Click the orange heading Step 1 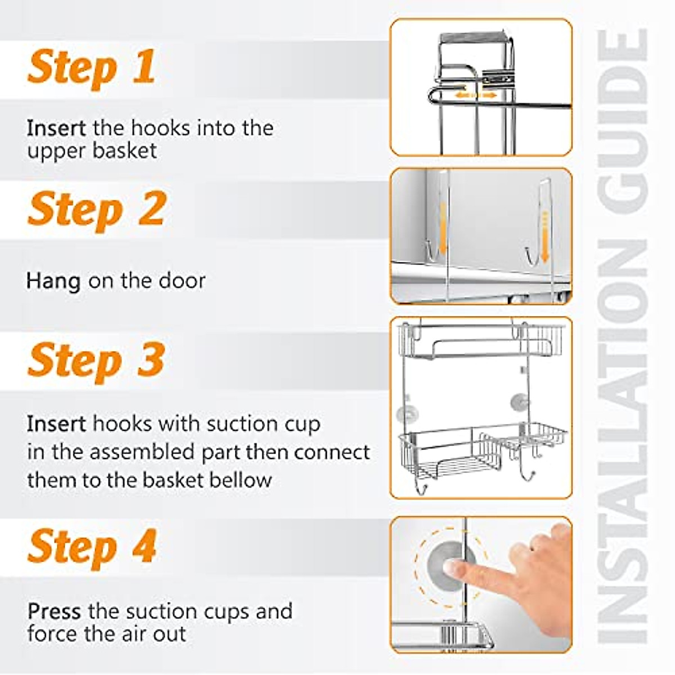pos(91,68)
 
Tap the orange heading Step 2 pos(96,211)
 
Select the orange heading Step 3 pos(96,362)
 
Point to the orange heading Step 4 pos(92,548)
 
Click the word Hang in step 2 pos(53,282)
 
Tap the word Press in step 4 pos(54,611)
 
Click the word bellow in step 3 pos(241,479)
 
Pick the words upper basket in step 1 pos(92,151)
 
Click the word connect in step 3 pos(332,452)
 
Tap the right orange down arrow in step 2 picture pos(544,237)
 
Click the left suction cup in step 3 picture pos(408,413)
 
